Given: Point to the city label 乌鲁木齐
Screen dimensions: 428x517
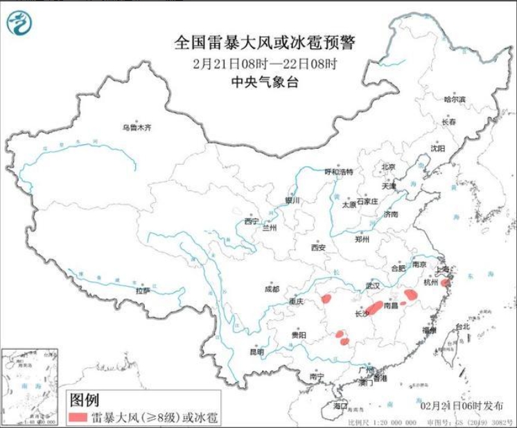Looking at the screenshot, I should point(136,127).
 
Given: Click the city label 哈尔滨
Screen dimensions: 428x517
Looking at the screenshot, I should point(455,99).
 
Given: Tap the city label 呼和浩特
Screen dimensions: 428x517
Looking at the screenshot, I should point(339,171).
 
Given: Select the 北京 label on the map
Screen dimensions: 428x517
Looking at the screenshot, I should point(387,167).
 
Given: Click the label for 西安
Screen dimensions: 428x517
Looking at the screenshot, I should point(318,247).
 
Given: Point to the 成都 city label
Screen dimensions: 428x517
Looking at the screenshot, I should point(271,289).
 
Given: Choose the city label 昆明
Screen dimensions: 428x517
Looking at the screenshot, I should point(256,352).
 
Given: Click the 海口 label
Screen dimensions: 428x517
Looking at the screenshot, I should point(340,406).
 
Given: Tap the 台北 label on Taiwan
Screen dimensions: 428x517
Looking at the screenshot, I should point(462,326).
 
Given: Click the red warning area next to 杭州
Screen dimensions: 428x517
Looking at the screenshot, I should point(446,283).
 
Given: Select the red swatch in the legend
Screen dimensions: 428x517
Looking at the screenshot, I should point(78,417).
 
